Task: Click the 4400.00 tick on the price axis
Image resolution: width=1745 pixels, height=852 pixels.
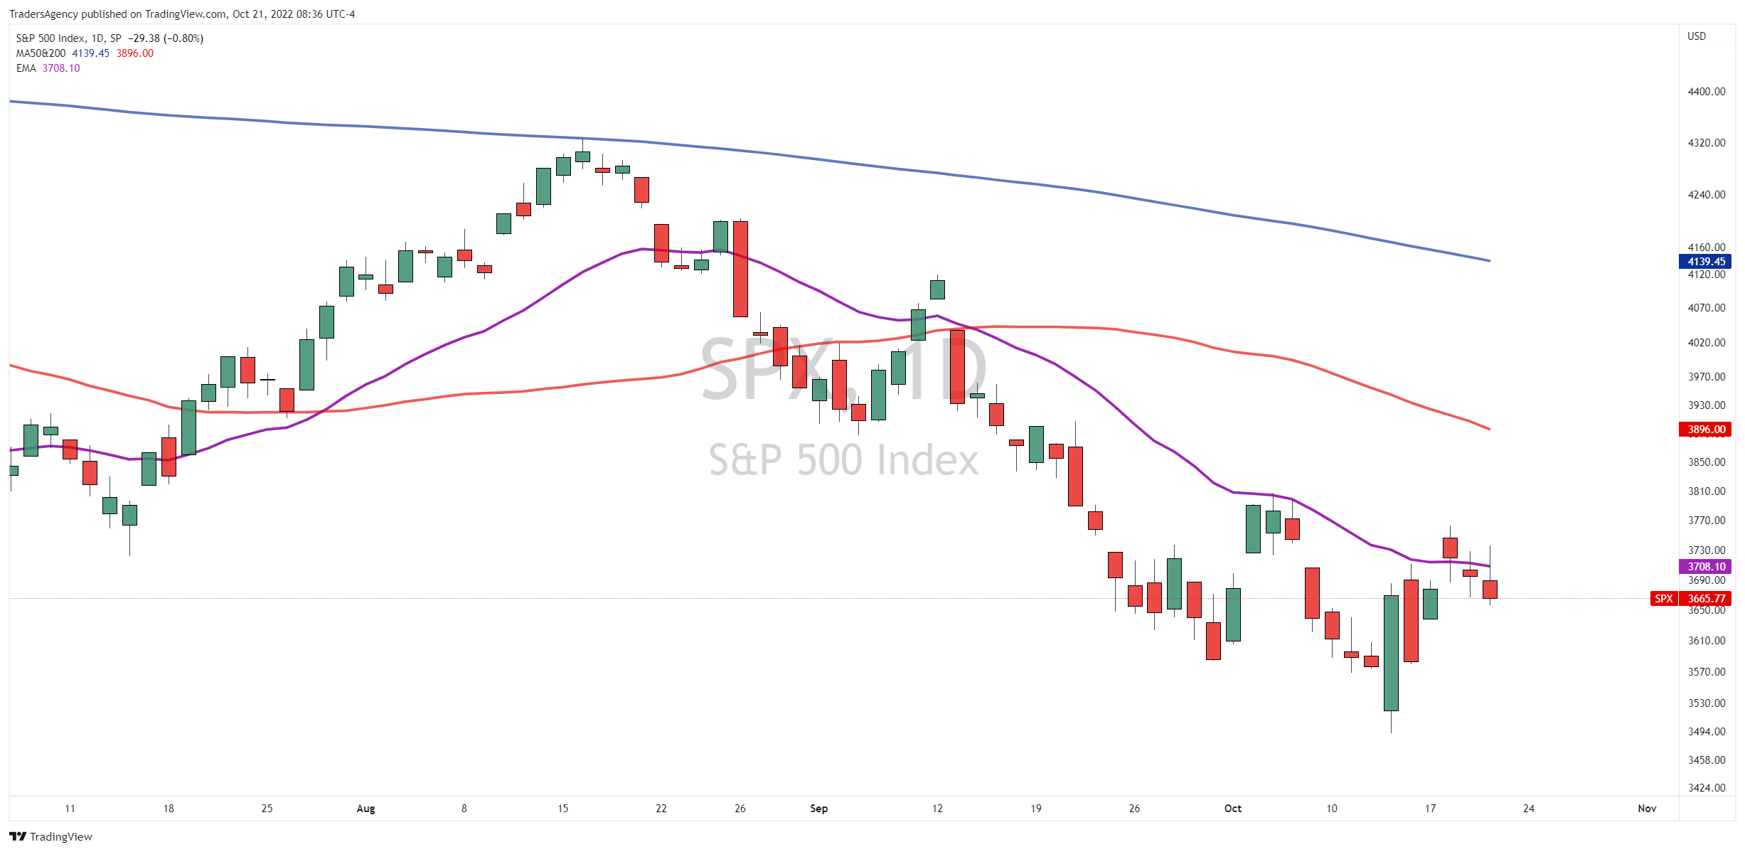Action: point(1706,92)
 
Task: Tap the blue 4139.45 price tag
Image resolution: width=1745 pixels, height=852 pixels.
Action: point(1704,261)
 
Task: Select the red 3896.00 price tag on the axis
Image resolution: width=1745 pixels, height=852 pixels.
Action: point(1704,429)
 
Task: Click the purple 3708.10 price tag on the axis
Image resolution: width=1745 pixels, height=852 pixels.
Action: point(1704,566)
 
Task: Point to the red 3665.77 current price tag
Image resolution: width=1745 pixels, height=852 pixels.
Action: point(1704,598)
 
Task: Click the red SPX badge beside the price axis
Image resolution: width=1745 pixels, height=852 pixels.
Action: point(1664,598)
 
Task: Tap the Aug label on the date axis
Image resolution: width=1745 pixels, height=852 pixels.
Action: point(365,808)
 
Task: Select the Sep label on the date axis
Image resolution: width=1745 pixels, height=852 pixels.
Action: point(818,808)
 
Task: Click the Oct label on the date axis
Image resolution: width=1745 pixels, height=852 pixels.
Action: point(1233,808)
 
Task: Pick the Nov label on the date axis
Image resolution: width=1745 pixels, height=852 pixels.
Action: point(1647,808)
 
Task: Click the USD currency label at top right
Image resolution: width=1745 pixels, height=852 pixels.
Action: point(1697,36)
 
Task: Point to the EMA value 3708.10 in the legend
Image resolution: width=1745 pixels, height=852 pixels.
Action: point(61,68)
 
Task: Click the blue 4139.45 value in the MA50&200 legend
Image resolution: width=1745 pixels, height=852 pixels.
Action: point(91,53)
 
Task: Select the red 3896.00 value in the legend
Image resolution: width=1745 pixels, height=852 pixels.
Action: point(135,53)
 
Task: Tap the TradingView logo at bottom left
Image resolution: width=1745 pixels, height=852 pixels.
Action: point(50,836)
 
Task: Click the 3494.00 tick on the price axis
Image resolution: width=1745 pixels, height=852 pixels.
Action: point(1706,731)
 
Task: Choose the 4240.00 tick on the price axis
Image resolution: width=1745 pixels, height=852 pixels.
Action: point(1706,194)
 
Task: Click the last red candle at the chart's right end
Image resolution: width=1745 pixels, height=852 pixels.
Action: point(1490,589)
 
